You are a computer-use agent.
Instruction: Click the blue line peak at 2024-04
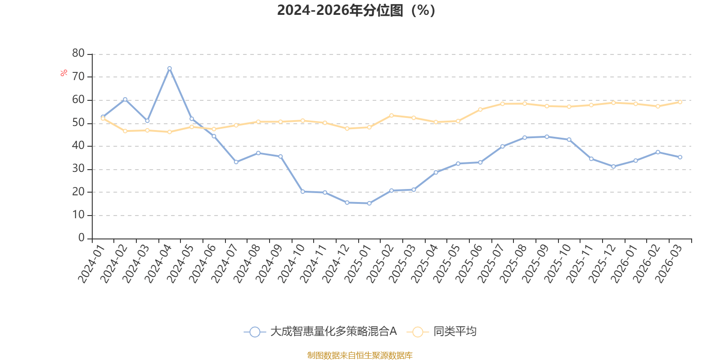click(169, 68)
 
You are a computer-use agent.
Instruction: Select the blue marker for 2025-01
click(369, 203)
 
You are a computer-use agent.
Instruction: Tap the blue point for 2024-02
click(125, 99)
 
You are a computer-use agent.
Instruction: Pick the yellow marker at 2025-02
click(391, 115)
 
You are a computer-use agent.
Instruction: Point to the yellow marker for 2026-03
click(680, 102)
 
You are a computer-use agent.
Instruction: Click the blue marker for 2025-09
click(547, 137)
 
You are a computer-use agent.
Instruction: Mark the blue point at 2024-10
click(303, 192)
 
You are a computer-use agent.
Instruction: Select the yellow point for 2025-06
click(480, 110)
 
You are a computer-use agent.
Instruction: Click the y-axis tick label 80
click(78, 54)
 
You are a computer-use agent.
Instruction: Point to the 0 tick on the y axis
click(81, 238)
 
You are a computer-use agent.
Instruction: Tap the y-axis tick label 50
click(78, 123)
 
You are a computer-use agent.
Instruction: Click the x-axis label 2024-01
click(92, 264)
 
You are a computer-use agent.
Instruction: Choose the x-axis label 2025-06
click(469, 264)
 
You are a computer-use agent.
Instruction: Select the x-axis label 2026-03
click(669, 264)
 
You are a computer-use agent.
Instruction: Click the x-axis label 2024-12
click(336, 264)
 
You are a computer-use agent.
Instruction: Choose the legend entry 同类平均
click(441, 331)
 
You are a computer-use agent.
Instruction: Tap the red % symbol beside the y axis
click(63, 72)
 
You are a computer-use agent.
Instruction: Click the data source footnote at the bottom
click(360, 355)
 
